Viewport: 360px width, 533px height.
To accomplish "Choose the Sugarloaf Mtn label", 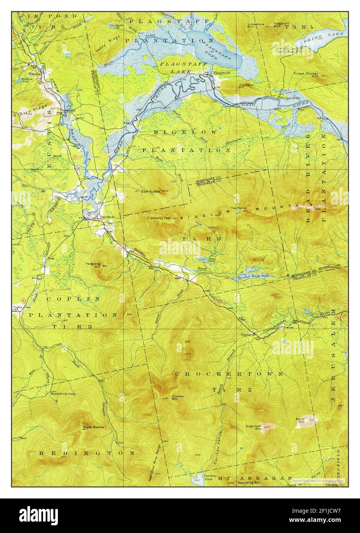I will point(253,426).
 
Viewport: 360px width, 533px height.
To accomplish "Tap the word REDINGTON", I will point(87,453).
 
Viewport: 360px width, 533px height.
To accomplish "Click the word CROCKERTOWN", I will point(229,373).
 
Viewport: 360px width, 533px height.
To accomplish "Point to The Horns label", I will point(237,208).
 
